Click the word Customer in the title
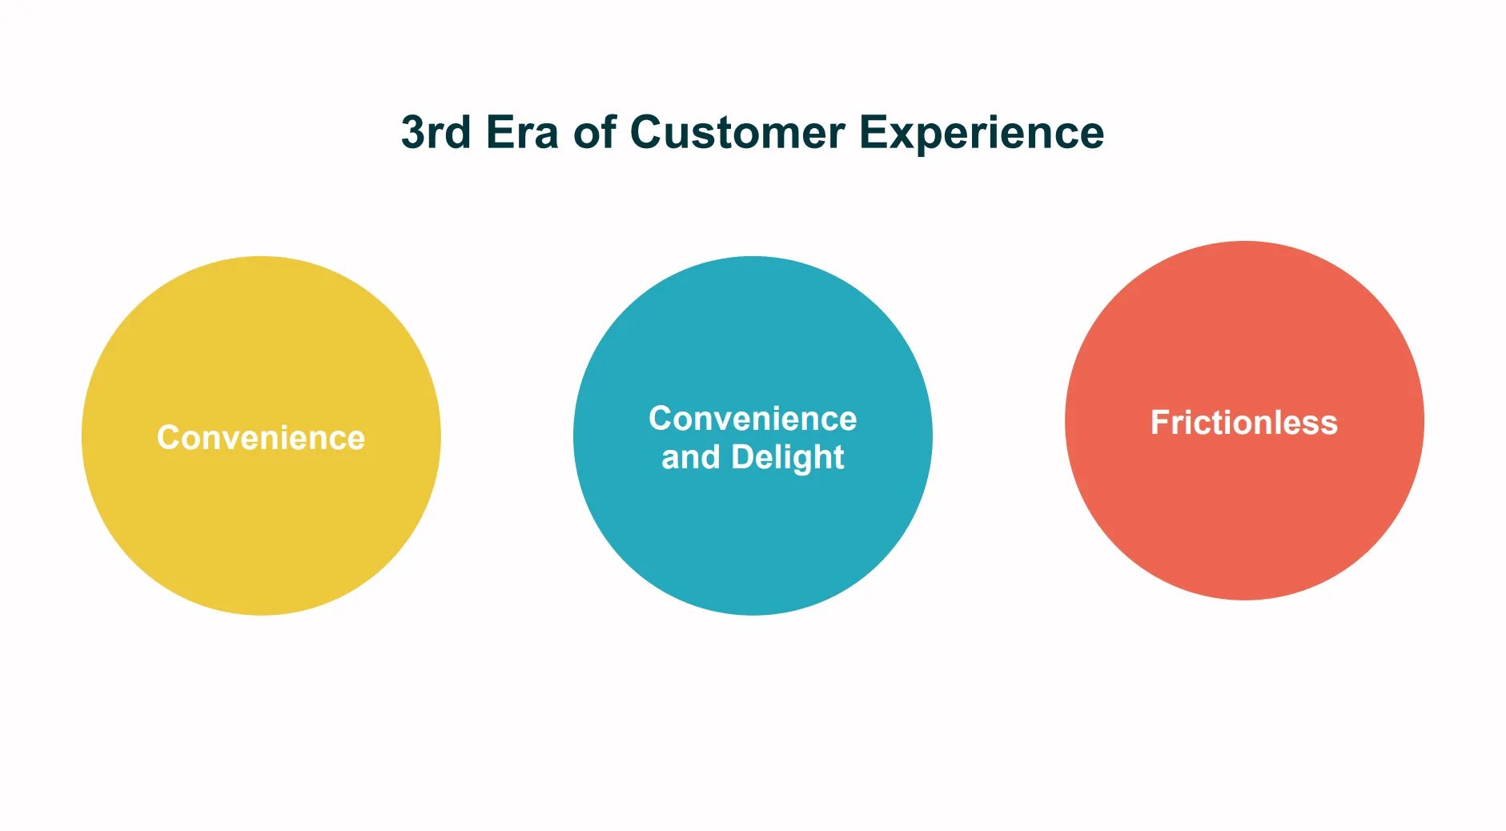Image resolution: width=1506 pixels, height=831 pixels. [x=737, y=132]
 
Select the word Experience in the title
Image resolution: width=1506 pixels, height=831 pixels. [x=981, y=134]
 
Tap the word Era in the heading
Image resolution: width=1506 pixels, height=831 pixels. [x=521, y=132]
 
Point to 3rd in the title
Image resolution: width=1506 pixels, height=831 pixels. [x=436, y=132]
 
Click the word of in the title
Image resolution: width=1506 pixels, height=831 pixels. [x=594, y=132]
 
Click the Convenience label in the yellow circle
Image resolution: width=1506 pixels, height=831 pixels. [x=261, y=438]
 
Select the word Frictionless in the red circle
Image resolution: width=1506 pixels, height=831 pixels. [x=1243, y=423]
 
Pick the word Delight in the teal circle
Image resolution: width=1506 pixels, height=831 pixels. [x=787, y=458]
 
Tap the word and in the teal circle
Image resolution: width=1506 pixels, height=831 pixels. [x=690, y=458]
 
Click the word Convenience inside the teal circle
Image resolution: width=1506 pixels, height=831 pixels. [x=753, y=419]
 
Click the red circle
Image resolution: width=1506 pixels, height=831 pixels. [x=1244, y=512]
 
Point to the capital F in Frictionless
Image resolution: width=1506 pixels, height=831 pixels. [x=1159, y=423]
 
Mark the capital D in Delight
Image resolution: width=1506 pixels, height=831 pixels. [x=742, y=457]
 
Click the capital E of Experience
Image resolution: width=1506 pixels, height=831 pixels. [x=873, y=132]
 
